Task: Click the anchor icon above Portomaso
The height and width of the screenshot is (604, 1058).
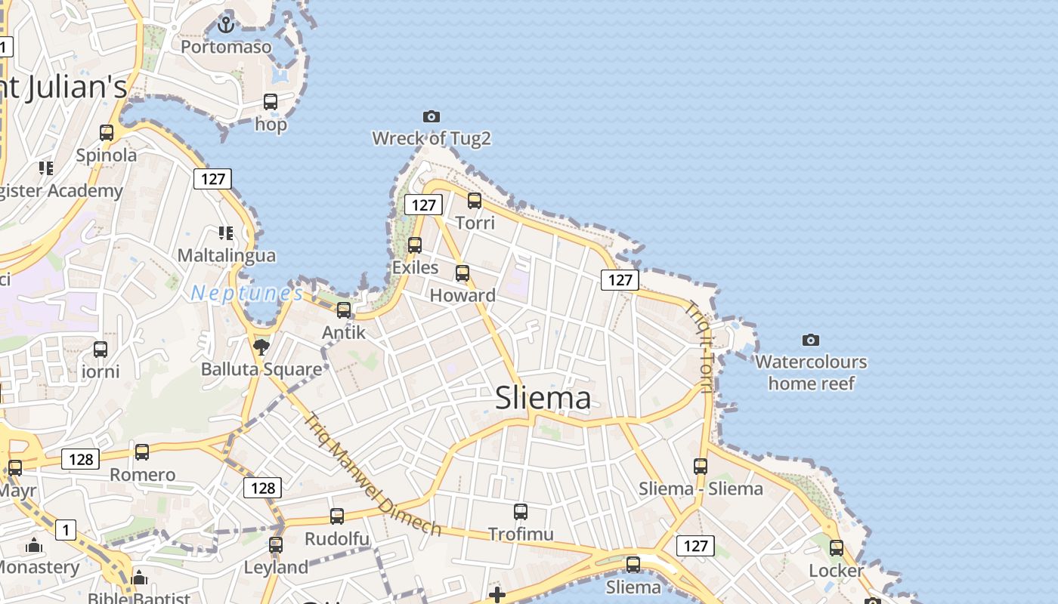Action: pos(225,25)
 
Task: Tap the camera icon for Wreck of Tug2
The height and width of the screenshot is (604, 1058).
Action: pos(432,116)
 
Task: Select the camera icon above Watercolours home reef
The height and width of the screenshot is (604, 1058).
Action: pos(811,340)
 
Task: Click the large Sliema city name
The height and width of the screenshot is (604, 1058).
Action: pos(543,398)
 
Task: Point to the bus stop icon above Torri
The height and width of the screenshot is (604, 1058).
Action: pos(475,201)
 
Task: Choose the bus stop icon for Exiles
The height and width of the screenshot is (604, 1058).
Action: pos(415,245)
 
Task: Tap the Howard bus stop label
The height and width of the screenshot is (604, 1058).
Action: pos(462,295)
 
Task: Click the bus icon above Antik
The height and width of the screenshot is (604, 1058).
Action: pos(344,310)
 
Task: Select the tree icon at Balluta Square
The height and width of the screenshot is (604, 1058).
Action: pos(261,347)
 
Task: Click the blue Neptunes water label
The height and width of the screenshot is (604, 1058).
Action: pos(246,293)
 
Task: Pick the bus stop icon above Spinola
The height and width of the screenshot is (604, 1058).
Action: pos(107,133)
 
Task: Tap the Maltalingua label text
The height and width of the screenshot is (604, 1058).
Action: pos(227,255)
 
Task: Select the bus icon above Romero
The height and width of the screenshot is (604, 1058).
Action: pos(142,452)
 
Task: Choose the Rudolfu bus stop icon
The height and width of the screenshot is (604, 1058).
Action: pos(337,516)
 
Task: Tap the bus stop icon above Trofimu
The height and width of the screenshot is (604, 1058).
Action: pos(521,512)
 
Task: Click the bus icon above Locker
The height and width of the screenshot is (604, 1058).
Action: pos(837,548)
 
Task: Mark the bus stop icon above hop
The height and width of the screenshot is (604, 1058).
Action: pos(271,102)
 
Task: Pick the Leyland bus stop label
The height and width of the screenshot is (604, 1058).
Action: pos(276,567)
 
